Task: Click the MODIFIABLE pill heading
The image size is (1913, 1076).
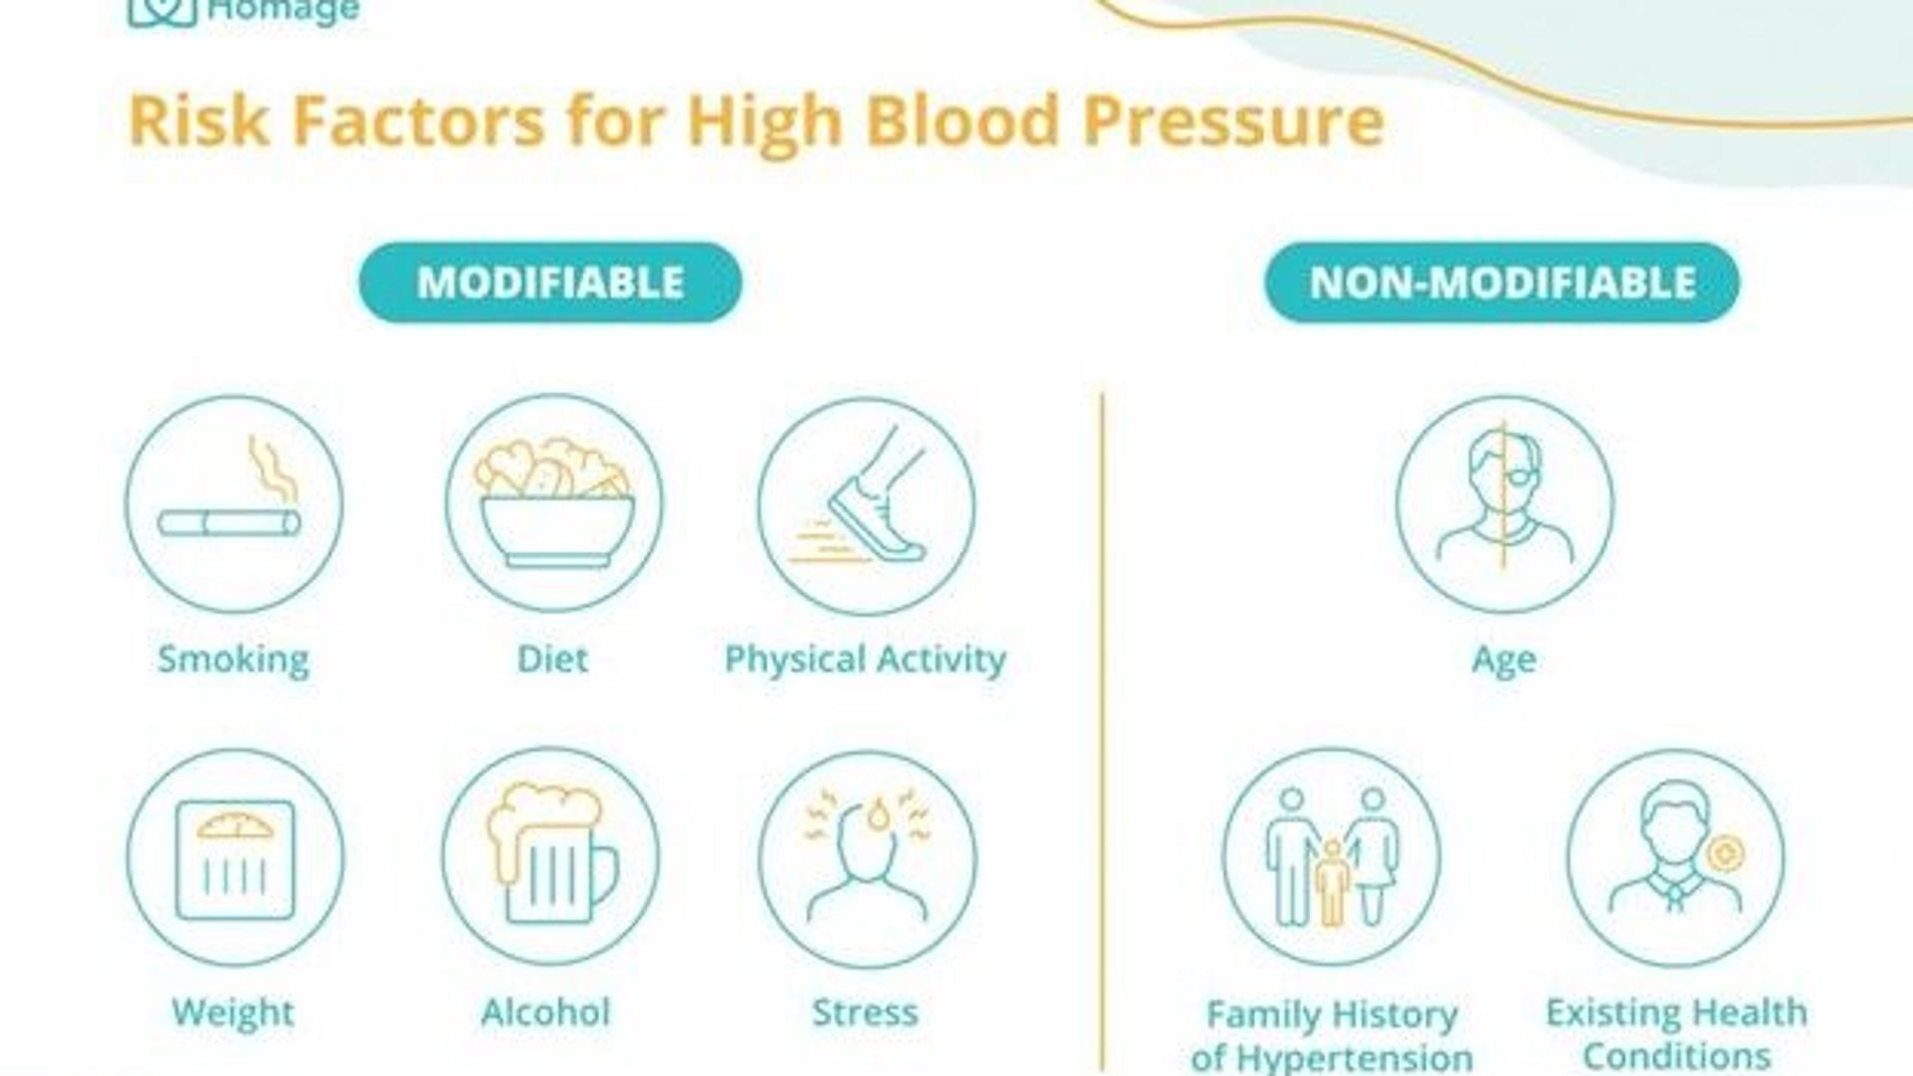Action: point(550,282)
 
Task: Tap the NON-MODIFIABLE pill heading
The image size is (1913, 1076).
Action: point(1502,282)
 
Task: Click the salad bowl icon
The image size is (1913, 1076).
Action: point(554,502)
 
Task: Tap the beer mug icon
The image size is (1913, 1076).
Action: point(551,853)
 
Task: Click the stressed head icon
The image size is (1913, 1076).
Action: point(867,856)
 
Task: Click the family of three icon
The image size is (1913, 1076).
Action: point(1332,856)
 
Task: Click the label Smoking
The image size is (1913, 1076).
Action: point(234,660)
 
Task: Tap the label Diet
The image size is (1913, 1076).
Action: point(552,659)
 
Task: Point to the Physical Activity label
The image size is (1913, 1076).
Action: point(866,660)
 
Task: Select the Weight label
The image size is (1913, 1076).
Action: point(233,1012)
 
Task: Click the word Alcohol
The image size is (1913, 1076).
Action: point(545,1012)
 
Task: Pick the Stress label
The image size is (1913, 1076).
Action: point(865,1012)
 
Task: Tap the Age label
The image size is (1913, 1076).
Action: point(1504,660)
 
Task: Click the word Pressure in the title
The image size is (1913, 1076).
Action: point(1234,121)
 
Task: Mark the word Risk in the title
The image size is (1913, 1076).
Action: point(199,121)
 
